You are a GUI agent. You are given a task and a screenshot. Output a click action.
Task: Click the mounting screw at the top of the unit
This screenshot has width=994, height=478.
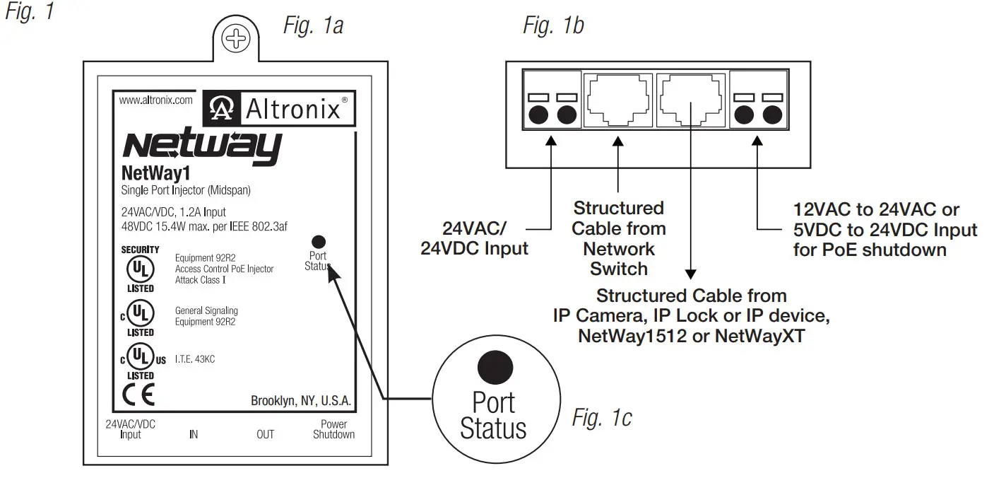coord(236,40)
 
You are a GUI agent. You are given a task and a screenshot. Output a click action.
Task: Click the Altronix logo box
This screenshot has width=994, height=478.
coord(278,109)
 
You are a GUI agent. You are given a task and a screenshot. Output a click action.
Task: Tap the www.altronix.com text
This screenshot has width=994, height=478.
coord(155,100)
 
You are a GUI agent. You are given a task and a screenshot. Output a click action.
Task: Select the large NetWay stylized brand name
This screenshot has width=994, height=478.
coord(202,146)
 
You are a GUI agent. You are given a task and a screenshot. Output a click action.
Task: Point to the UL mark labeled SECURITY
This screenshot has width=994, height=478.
coord(140,269)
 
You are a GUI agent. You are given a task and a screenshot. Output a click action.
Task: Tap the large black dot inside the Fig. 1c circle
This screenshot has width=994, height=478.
coord(494,367)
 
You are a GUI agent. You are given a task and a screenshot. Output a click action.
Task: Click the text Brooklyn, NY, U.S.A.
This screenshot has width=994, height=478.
coord(301,401)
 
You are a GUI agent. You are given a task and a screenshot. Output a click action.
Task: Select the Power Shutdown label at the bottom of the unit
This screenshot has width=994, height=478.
coord(333,429)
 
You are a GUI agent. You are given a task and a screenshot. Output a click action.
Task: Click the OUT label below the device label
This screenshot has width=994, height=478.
coord(265,434)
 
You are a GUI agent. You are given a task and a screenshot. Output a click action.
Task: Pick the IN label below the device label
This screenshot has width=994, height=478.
coord(194,434)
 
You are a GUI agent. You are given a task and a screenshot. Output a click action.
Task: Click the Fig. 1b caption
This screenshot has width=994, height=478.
coord(553,26)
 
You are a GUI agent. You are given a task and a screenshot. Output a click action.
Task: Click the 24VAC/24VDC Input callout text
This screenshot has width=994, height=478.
coord(474,239)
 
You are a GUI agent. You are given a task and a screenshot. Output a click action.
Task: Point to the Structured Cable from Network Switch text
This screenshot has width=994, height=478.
coord(618,238)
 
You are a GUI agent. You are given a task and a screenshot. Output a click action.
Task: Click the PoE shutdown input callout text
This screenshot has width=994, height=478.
coord(884,230)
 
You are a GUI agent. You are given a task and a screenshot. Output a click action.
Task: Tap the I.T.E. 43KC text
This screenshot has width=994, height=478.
coord(195,359)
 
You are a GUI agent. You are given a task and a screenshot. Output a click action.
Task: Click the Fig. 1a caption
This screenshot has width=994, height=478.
coord(313,26)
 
